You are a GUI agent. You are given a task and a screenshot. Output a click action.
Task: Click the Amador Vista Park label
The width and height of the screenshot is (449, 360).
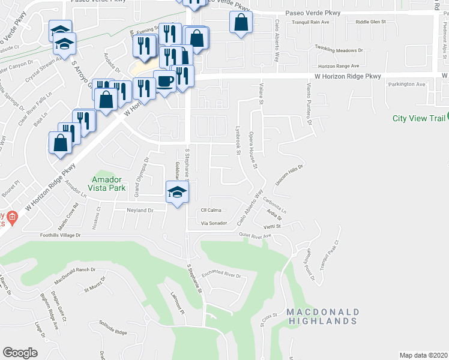coord(109,183)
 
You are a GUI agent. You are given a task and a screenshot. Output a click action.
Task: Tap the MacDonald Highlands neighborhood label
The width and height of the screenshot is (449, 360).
coord(322,316)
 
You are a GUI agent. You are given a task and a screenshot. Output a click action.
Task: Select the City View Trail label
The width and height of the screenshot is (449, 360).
coord(418,118)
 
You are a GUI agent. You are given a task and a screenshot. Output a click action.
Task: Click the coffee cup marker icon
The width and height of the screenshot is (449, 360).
coord(164,82)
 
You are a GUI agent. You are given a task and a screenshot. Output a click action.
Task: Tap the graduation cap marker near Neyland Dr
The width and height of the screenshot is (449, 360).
coord(177,193)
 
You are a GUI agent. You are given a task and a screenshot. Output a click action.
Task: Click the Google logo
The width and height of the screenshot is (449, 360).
coord(20,352)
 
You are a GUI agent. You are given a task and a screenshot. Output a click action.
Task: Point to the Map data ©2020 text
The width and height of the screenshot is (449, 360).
coord(424,355)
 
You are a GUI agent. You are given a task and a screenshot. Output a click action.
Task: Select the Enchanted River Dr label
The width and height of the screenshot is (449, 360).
coord(221,275)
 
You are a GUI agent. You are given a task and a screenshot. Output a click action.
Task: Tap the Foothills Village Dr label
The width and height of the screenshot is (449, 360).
coord(61,235)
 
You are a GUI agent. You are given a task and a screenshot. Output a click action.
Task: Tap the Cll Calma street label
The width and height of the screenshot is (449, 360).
coord(211,210)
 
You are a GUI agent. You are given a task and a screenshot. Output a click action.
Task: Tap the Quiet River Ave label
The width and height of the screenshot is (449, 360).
coord(256,236)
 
